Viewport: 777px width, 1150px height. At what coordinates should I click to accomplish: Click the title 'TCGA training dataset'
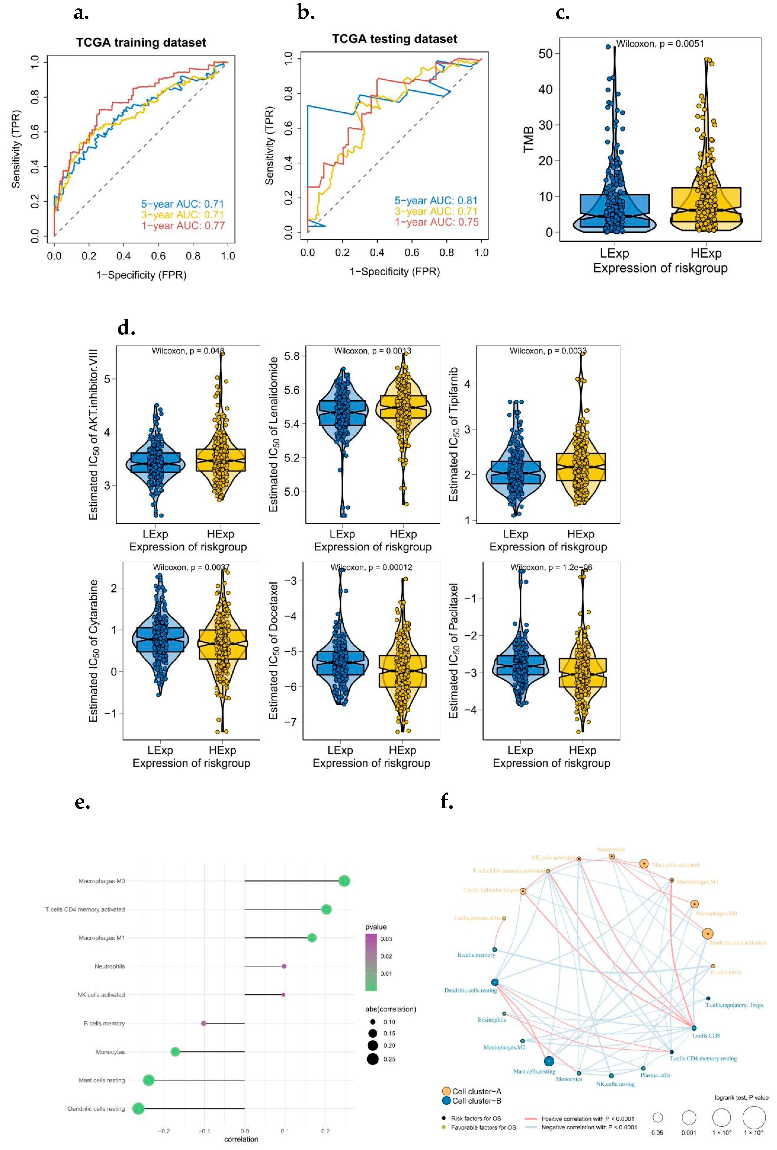pyautogui.click(x=141, y=43)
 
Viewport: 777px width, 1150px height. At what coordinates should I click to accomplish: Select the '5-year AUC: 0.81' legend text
pyautogui.click(x=435, y=200)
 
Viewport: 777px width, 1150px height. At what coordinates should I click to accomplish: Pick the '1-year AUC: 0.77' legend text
pyautogui.click(x=183, y=226)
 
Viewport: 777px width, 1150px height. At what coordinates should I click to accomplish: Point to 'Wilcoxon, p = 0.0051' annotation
pyautogui.click(x=660, y=43)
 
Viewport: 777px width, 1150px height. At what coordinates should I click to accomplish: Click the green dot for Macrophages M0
pyautogui.click(x=344, y=881)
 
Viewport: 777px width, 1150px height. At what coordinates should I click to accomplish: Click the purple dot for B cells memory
pyautogui.click(x=203, y=1023)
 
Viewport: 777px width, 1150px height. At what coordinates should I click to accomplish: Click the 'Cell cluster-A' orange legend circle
pyautogui.click(x=446, y=1091)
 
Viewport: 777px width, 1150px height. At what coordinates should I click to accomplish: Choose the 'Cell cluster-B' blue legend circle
pyautogui.click(x=446, y=1100)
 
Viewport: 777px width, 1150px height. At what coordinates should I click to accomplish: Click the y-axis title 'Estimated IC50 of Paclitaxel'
pyautogui.click(x=453, y=651)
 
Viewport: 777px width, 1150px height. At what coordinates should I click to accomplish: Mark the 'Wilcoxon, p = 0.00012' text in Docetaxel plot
pyautogui.click(x=371, y=568)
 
